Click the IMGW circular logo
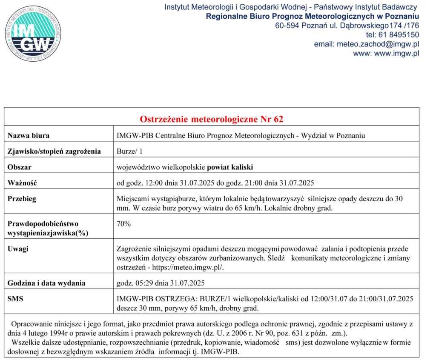(x=33, y=33)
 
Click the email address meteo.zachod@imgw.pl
(x=378, y=44)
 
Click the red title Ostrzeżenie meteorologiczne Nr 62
(x=212, y=119)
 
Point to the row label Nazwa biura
(x=29, y=136)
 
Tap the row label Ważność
(x=23, y=183)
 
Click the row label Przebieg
(x=22, y=199)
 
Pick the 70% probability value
(x=123, y=224)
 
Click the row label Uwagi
(x=18, y=249)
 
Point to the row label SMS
(x=16, y=299)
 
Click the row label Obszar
(x=20, y=167)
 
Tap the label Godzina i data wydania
(x=47, y=283)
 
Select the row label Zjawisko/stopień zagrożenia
(x=54, y=151)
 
